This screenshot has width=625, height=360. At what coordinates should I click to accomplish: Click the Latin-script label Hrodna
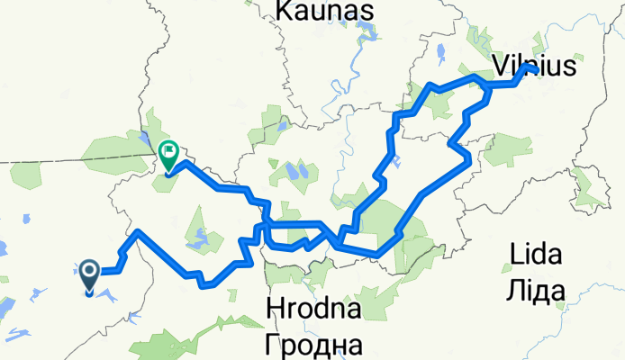[314, 310]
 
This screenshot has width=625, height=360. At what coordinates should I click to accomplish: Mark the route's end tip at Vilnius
[535, 69]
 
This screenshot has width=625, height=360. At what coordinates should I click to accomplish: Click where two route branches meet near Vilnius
[487, 85]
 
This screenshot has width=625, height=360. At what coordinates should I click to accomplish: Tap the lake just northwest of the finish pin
[146, 137]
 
